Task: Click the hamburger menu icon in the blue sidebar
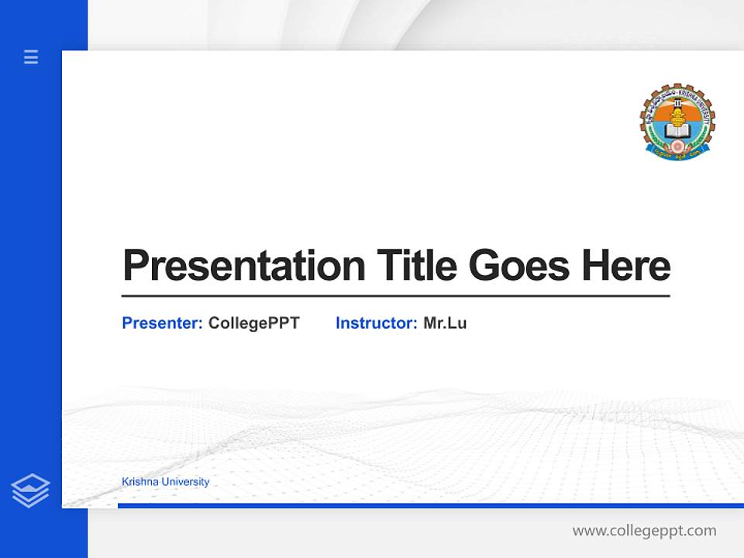[31, 57]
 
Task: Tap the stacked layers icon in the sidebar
[30, 491]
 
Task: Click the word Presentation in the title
[243, 266]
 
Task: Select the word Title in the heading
[416, 266]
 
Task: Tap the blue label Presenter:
[162, 323]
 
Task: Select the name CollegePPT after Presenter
[253, 323]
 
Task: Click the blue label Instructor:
[376, 323]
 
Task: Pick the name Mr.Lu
[445, 323]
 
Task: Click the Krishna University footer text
[165, 482]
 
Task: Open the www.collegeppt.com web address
[644, 531]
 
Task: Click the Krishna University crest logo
[677, 122]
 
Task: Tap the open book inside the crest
[677, 130]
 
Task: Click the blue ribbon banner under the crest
[677, 153]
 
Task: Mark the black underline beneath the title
[395, 296]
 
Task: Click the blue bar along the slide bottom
[430, 505]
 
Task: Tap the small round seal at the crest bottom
[677, 145]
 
